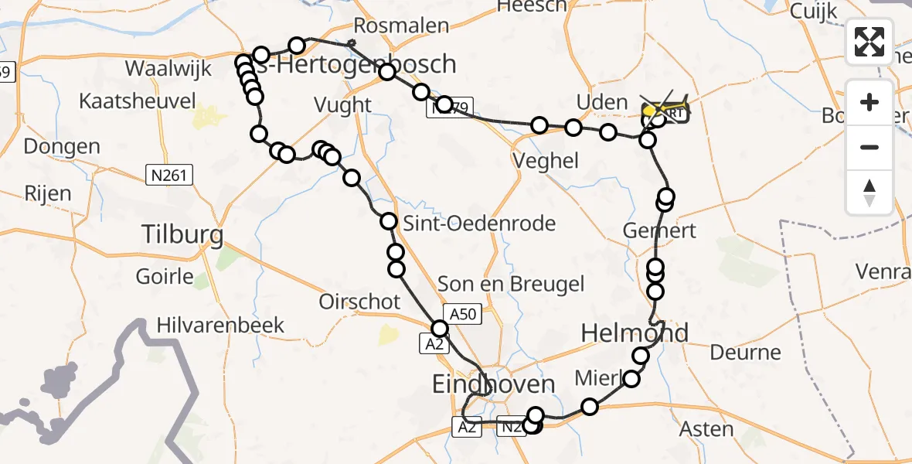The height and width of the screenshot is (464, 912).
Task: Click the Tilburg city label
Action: [183, 234]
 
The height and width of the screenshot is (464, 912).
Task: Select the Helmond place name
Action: [634, 333]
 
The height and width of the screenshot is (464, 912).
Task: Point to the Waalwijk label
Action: [168, 68]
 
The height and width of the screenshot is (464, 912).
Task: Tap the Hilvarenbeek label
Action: [220, 325]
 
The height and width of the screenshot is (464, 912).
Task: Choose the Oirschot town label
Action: [360, 301]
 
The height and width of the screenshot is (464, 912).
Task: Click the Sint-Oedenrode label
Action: [479, 224]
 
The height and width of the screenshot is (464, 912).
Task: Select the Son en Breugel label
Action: [511, 284]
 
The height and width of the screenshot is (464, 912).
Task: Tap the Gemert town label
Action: [659, 230]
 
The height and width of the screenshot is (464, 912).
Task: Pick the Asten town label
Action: [706, 429]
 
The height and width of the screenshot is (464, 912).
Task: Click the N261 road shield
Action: [168, 176]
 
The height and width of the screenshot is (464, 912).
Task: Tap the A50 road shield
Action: [465, 313]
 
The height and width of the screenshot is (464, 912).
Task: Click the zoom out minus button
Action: [870, 147]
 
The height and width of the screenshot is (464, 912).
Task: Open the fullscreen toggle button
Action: [870, 41]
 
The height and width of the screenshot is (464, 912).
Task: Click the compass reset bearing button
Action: [870, 192]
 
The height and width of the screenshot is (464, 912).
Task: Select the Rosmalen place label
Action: [411, 26]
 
